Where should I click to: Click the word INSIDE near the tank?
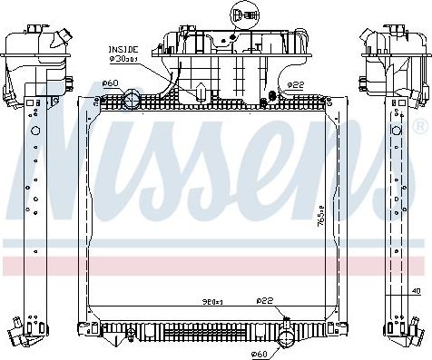pyautogui.click(x=124, y=49)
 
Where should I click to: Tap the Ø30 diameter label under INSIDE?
pyautogui.click(x=124, y=59)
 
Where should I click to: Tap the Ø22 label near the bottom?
pyautogui.click(x=263, y=302)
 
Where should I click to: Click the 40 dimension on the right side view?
pyautogui.click(x=416, y=290)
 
